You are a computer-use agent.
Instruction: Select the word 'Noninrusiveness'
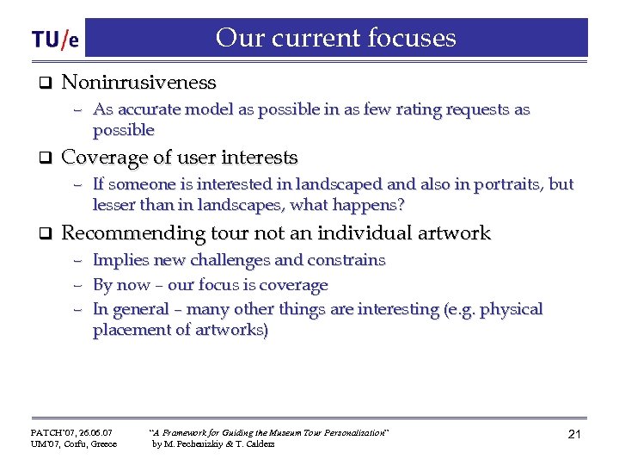pyautogui.click(x=138, y=83)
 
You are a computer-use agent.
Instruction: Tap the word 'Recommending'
pyautogui.click(x=132, y=233)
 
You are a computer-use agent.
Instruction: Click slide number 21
pyautogui.click(x=574, y=435)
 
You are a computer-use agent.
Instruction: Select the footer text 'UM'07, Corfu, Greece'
pyautogui.click(x=74, y=444)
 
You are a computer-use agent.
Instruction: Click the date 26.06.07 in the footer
pyautogui.click(x=91, y=431)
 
